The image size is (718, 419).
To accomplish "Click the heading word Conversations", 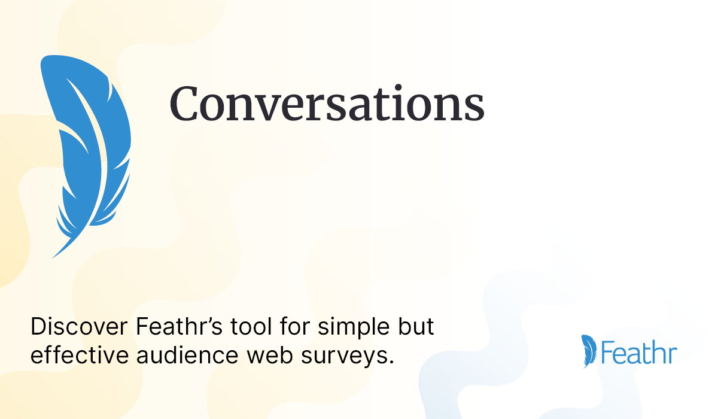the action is point(327,103).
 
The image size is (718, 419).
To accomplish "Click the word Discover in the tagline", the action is point(79,327).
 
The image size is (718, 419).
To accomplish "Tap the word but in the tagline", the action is point(416,326).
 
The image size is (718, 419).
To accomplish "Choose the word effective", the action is point(80,354).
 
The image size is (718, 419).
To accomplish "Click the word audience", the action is point(187,354).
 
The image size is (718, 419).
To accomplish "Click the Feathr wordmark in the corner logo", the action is point(639,352).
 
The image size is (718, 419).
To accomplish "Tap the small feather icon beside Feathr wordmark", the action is point(589,351).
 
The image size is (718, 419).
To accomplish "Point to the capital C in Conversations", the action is point(184,103).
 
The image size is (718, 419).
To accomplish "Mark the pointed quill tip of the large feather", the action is point(53,257).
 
